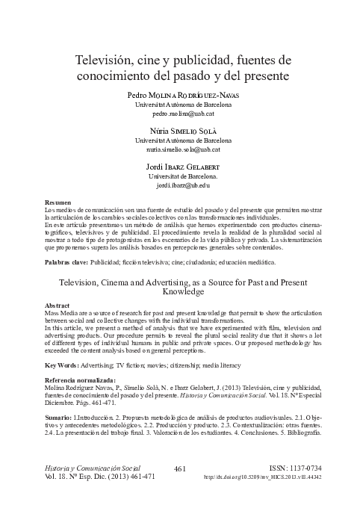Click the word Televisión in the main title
tap(107, 59)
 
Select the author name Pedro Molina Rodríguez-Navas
tap(183, 96)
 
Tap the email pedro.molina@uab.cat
tap(183, 115)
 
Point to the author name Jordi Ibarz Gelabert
tap(183, 164)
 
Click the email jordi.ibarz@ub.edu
tap(183, 184)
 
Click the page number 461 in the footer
tap(179, 468)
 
